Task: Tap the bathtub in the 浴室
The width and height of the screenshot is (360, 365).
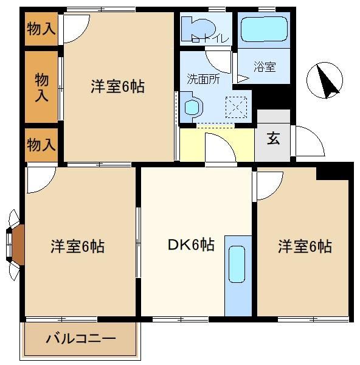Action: (x=264, y=29)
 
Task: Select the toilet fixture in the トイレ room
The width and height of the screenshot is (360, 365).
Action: (x=198, y=29)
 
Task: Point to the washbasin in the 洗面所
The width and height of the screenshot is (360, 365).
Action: (x=192, y=107)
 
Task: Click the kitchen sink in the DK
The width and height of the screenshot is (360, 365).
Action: (x=237, y=264)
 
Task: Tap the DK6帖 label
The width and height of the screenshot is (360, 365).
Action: (x=191, y=245)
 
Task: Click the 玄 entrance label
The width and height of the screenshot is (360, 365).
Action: (x=273, y=138)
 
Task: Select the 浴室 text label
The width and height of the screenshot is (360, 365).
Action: (x=265, y=66)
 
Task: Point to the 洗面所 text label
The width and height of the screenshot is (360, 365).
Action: (x=203, y=79)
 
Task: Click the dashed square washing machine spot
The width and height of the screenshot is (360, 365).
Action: (x=236, y=107)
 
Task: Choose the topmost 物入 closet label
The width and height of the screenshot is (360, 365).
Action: (x=41, y=29)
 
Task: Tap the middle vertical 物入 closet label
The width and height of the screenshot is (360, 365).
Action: (x=41, y=87)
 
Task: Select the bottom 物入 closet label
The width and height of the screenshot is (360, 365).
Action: (x=41, y=145)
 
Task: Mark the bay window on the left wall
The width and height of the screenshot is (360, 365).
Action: (x=14, y=245)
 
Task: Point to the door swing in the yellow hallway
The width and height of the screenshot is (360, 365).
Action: (x=220, y=147)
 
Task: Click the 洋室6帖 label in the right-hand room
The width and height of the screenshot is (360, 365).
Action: (x=305, y=246)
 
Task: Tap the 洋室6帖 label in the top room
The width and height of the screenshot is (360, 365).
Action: (x=117, y=86)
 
